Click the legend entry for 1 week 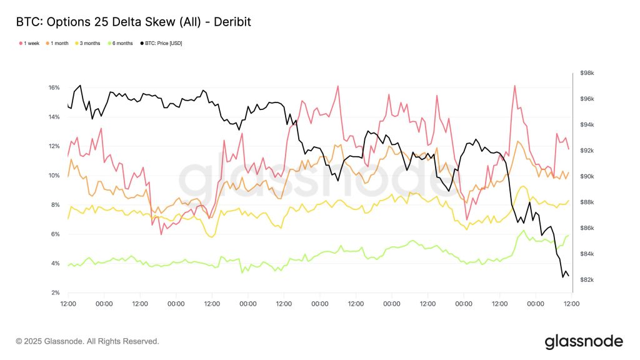coord(30,43)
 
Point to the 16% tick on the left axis coord(54,87)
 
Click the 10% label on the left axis coord(54,176)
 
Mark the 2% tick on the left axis coord(55,292)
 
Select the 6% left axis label coord(55,234)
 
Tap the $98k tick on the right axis coord(587,73)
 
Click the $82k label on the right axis coord(587,279)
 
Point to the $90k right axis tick coord(587,176)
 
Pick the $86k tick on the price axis coord(587,228)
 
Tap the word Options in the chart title coord(64,22)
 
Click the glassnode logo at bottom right coord(584,341)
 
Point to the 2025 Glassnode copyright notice coord(87,341)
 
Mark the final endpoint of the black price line coord(568,276)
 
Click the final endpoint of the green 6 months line coord(568,236)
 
